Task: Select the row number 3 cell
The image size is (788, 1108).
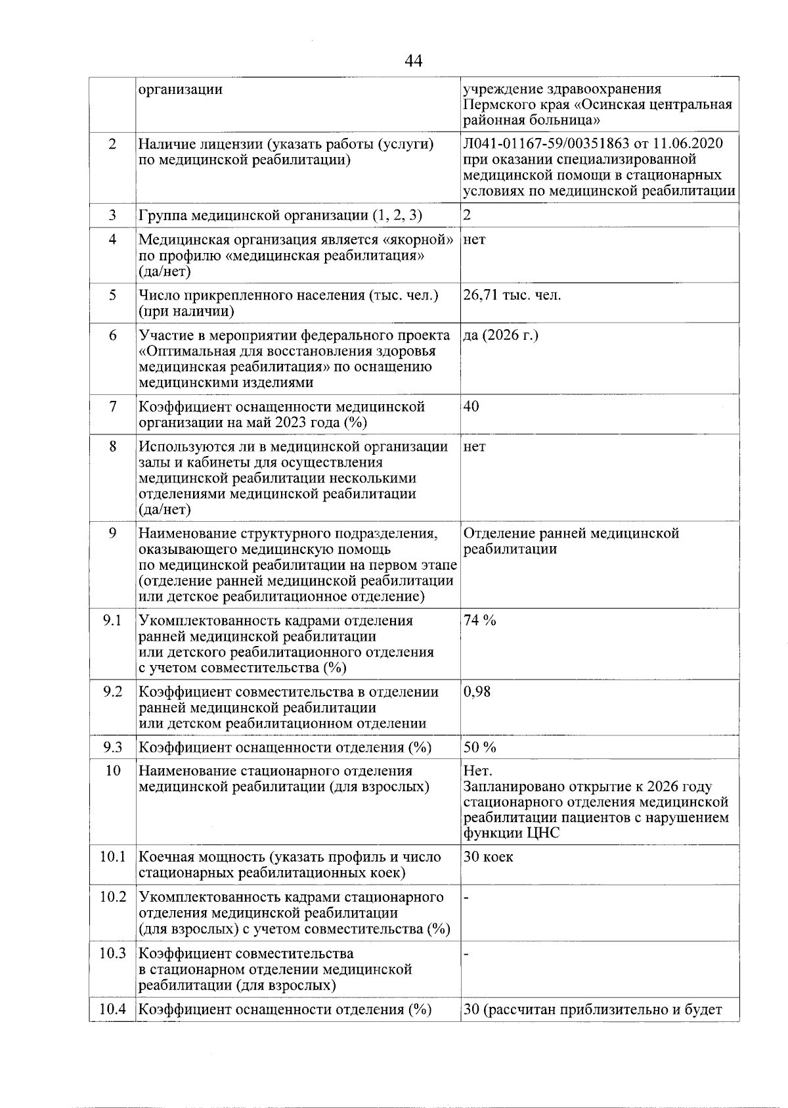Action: click(x=112, y=216)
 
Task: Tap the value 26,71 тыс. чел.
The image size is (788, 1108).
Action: click(x=512, y=295)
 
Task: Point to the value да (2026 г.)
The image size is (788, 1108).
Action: click(x=500, y=335)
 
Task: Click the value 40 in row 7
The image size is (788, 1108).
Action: click(x=471, y=406)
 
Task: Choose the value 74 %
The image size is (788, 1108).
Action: click(x=479, y=620)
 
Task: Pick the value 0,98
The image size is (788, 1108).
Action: click(x=477, y=691)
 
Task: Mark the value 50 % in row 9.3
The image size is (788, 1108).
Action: click(x=479, y=747)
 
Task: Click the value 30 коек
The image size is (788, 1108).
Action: click(x=489, y=857)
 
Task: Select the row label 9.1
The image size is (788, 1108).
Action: click(x=112, y=620)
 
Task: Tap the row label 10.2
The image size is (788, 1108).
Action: click(x=112, y=897)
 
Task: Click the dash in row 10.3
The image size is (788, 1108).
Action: click(x=466, y=954)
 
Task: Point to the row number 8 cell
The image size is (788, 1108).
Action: click(x=112, y=447)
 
